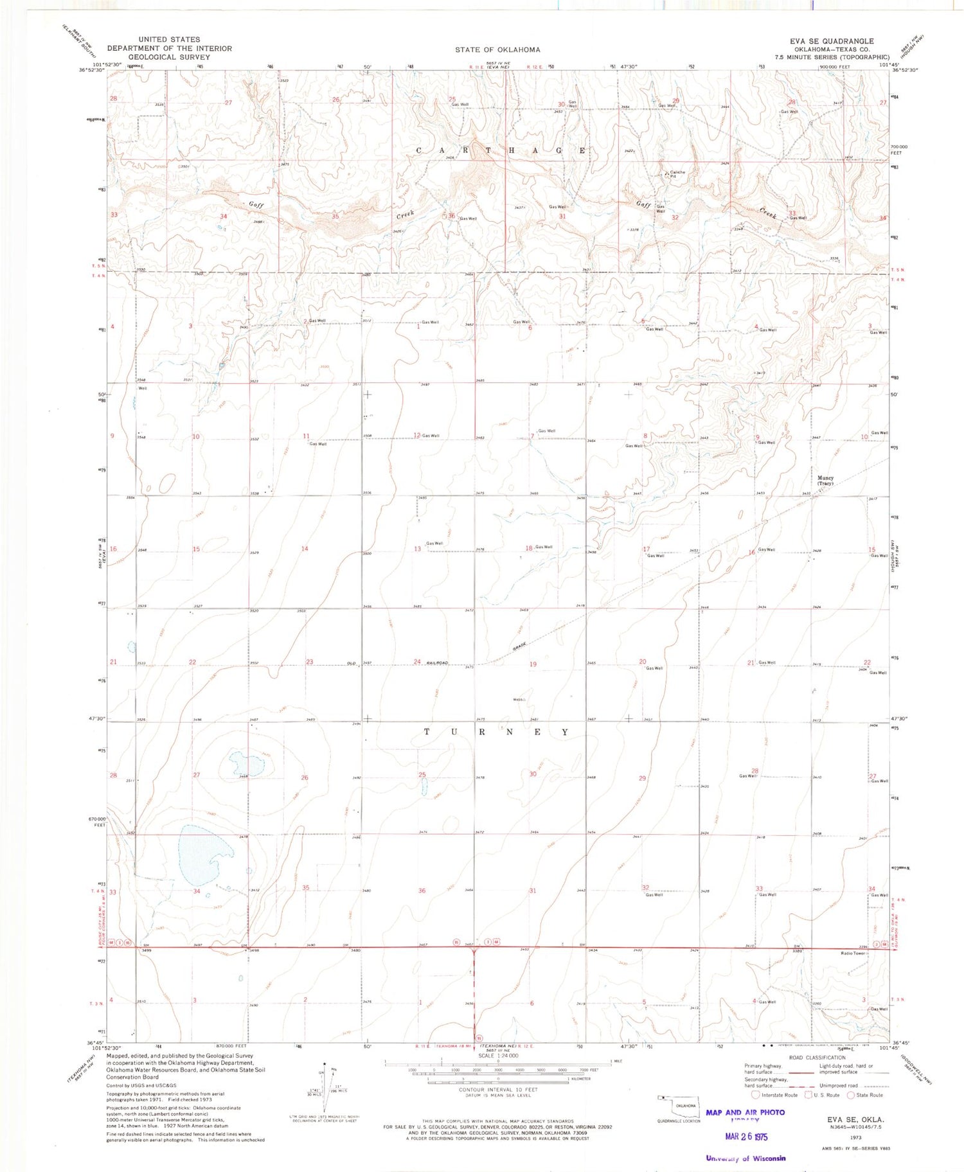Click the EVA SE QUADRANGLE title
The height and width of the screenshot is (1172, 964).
(x=832, y=41)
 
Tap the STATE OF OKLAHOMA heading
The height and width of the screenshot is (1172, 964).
(x=497, y=49)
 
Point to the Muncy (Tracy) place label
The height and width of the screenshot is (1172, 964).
(x=825, y=481)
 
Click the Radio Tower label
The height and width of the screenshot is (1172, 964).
(x=853, y=953)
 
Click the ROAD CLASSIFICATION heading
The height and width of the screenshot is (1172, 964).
(x=817, y=1058)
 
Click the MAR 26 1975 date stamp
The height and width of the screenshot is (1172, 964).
(x=746, y=1137)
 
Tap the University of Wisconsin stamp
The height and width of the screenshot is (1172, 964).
(x=745, y=1159)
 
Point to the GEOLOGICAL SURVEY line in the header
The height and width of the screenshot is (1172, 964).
(x=169, y=57)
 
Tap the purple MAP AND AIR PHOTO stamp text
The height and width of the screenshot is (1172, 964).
(x=745, y=1112)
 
